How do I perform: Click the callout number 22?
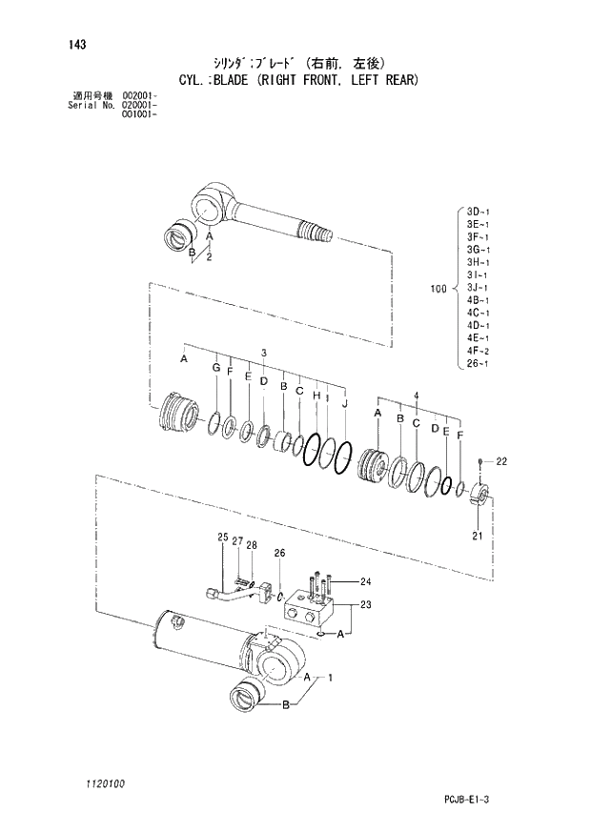point(500,462)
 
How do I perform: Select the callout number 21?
point(479,537)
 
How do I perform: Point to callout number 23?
point(365,605)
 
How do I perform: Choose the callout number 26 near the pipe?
point(279,553)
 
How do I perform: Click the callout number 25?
point(222,538)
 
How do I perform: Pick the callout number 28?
point(252,544)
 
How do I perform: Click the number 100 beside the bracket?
point(439,286)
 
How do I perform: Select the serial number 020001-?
point(140,105)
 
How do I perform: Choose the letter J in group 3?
point(343,403)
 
